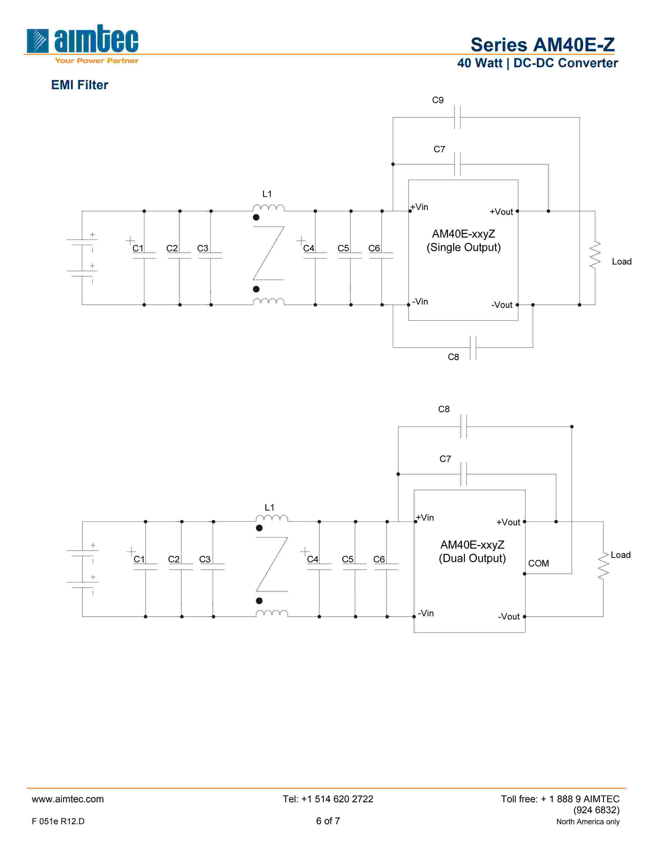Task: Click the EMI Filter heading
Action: click(80, 85)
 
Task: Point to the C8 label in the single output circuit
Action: click(453, 357)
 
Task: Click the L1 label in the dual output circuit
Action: click(269, 507)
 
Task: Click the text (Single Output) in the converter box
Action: click(463, 248)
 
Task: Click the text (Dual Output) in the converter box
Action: click(472, 558)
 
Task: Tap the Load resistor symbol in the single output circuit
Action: click(594, 255)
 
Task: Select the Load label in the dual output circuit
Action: click(620, 555)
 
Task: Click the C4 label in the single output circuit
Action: click(308, 248)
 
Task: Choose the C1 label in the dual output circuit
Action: click(139, 559)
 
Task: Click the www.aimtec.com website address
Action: click(68, 799)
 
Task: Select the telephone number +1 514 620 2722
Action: click(328, 799)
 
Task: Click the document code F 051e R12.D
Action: click(58, 821)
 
